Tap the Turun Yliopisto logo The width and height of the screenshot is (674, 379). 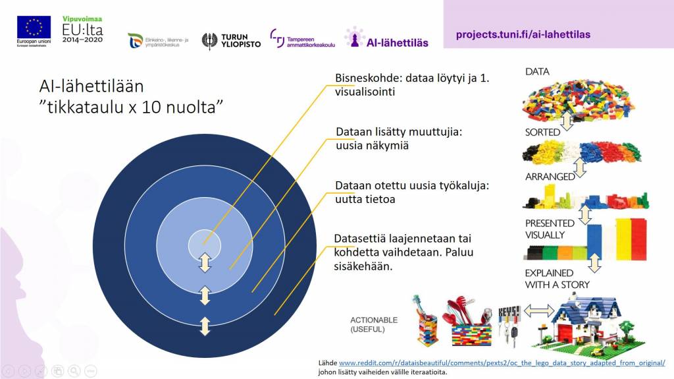pos(230,41)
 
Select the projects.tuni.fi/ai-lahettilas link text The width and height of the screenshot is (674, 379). pos(523,34)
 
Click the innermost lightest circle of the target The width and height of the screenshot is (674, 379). pos(204,245)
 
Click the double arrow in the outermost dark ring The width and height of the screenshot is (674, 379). pos(205,326)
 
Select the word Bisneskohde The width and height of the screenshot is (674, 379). pos(365,78)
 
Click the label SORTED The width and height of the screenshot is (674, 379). pos(542,132)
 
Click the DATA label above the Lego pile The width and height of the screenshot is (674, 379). pos(537,71)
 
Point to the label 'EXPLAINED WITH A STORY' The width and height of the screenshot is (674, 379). pos(548,279)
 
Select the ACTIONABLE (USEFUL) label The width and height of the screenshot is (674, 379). pos(373,324)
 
